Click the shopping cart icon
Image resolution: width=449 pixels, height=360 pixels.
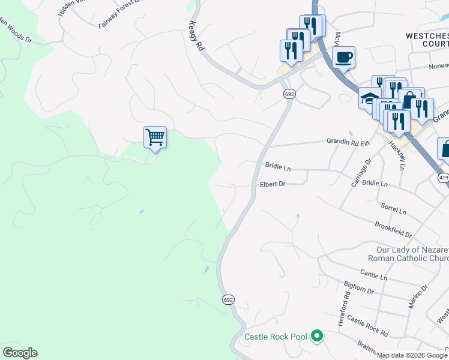tap(155, 137)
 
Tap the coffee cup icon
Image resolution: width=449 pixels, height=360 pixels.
tap(343, 58)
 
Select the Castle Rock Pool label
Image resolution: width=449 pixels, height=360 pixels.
tap(276, 337)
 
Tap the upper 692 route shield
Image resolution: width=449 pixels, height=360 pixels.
tap(289, 94)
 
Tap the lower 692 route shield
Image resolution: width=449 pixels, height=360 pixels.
tap(228, 299)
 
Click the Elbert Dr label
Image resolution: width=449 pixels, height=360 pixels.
tap(272, 184)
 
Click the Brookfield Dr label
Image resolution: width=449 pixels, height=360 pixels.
tap(393, 229)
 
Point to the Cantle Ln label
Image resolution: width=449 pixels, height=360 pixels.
tap(375, 277)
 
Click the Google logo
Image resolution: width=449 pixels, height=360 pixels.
tap(20, 353)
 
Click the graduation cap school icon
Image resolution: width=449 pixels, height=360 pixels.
tap(369, 98)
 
